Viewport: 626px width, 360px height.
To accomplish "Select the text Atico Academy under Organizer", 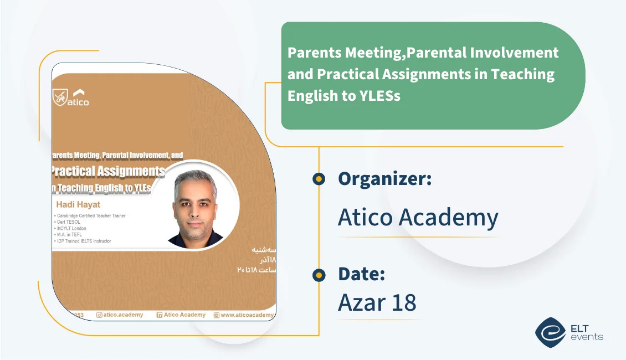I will [x=418, y=218].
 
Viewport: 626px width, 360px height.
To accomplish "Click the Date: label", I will [x=361, y=274].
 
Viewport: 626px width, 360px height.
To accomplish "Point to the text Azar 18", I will [x=377, y=302].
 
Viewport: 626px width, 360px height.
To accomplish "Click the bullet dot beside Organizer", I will [x=319, y=179].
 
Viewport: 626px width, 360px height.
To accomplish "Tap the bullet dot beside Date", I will [x=319, y=274].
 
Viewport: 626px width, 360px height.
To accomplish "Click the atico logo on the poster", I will [x=71, y=97].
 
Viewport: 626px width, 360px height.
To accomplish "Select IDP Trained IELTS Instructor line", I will [x=83, y=241].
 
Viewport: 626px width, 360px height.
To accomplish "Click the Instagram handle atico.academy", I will [x=120, y=315].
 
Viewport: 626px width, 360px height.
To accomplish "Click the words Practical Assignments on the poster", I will [x=108, y=171].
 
